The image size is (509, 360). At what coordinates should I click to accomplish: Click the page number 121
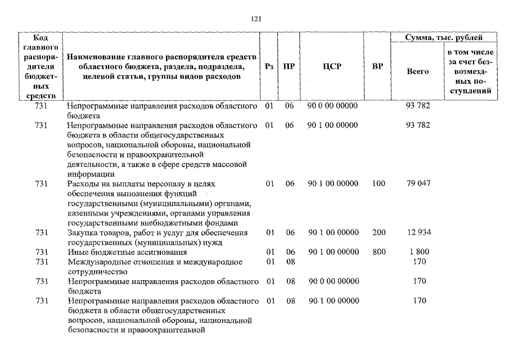coord(256,19)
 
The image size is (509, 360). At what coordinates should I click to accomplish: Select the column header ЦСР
coord(332,66)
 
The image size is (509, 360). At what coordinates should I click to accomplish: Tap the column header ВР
coord(377,66)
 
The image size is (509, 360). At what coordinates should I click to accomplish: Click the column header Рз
coord(269,66)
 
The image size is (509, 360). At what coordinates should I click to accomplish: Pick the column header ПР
coord(289,66)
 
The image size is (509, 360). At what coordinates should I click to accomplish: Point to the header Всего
coord(417,71)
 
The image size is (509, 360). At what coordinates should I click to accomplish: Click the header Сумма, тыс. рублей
coord(444,38)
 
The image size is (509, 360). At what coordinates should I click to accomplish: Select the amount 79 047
coord(418,183)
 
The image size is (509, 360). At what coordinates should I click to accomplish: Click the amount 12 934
coord(418,232)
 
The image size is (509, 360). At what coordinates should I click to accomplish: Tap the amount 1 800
coord(418,252)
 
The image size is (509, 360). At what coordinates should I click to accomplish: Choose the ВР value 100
coord(379,183)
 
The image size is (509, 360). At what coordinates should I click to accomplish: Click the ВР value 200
coord(379,232)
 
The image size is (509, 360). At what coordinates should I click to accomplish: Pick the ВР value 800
coord(379,252)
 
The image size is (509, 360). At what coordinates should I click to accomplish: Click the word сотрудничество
coord(95,271)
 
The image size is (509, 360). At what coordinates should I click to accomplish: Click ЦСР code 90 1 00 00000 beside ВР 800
coord(332,252)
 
